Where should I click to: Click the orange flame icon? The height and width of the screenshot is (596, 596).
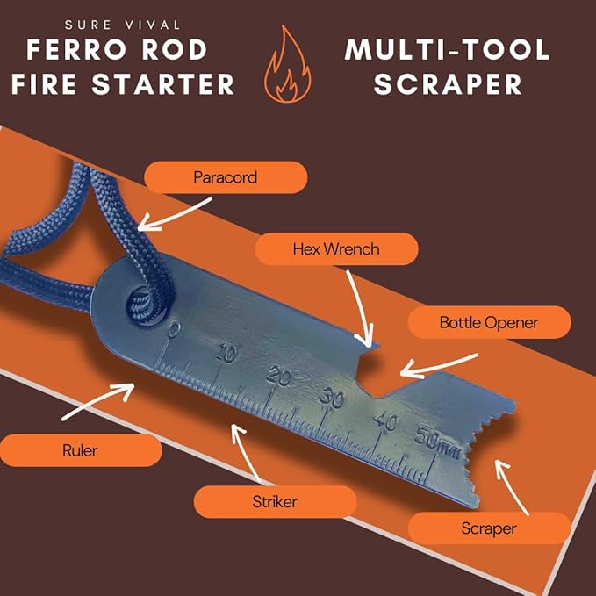coord(288,64)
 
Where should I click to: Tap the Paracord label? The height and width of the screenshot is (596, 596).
coord(226,177)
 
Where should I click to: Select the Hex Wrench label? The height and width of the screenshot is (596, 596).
coord(336,249)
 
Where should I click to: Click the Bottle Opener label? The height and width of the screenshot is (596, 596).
coord(489,322)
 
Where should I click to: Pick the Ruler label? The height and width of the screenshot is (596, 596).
coord(80,450)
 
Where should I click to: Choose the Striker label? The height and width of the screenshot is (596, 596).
coord(275,502)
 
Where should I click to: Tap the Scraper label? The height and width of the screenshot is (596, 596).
coord(489,528)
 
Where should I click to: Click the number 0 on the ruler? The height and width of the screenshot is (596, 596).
coord(174,330)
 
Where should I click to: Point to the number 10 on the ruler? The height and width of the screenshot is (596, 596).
coord(226,353)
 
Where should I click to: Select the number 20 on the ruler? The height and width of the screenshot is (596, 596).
coord(279,377)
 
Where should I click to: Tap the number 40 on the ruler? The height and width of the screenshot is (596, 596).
coord(385,420)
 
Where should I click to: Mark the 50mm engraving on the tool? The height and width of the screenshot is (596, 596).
coord(437,442)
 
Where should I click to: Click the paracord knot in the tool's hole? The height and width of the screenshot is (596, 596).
coord(141,304)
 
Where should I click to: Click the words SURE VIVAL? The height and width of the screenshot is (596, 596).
coord(122,25)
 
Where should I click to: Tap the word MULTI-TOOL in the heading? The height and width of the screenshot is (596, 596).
coord(448,49)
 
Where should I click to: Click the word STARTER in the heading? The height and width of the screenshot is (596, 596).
coord(163,84)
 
